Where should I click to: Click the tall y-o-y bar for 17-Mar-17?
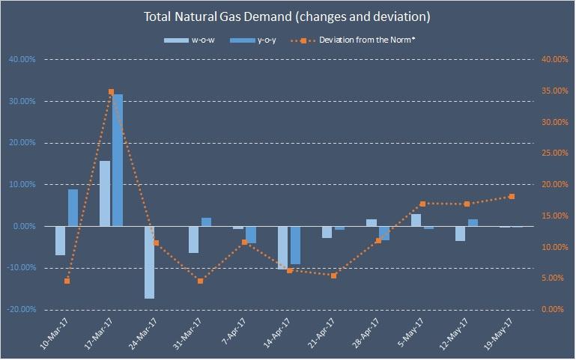pos(118,160)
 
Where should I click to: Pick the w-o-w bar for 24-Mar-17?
pos(150,262)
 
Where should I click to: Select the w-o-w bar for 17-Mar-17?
pos(105,193)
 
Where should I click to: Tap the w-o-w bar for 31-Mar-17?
pos(194,240)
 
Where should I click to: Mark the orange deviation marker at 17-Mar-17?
pos(111,92)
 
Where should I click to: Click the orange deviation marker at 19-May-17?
pos(512,196)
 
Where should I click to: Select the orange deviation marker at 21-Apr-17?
pos(334,275)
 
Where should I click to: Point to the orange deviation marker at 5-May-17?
pos(423,204)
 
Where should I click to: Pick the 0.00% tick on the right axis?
pos(553,309)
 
